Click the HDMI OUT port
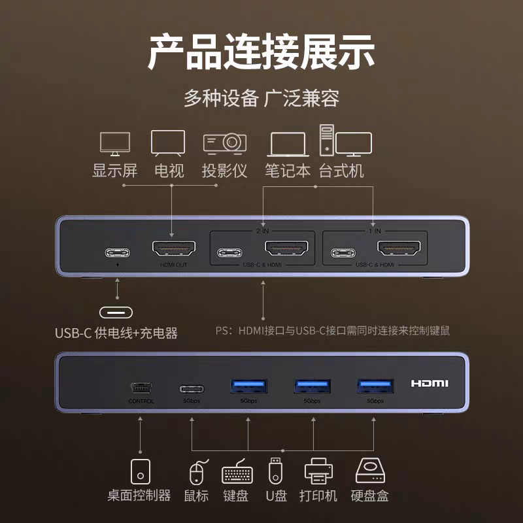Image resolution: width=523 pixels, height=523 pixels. pos(173,250)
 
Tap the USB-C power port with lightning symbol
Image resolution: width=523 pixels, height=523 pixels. pos(117,252)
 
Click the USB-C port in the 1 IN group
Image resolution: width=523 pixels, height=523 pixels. pos(343,252)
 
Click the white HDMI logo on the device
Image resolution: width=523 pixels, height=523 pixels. pos(433,384)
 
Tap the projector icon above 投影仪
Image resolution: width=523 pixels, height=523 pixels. pos(224,143)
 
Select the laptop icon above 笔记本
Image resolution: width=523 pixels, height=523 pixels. pos(288,144)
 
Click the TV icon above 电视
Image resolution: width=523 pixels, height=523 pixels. pos(168,143)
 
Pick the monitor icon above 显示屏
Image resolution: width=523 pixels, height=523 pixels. pos(114,144)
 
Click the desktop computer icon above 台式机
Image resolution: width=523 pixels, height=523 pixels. pos(345,141)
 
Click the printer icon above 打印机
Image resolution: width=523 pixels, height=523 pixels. pos(318,471)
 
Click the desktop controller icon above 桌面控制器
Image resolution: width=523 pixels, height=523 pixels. pos(141,471)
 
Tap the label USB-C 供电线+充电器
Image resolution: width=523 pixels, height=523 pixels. pos(116,333)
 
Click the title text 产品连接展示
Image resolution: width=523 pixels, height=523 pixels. pos(261,52)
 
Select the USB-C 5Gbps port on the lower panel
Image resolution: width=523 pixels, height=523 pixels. pos(192,388)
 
